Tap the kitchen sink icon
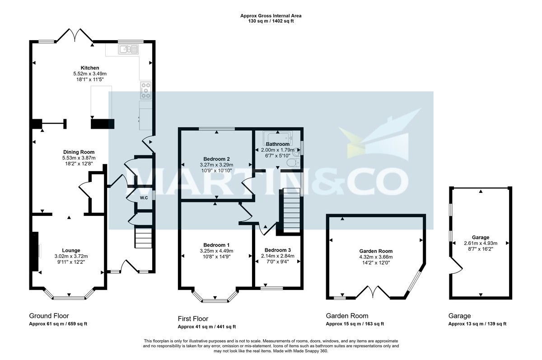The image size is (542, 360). [x=124, y=49]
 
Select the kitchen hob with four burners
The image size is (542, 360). [x=146, y=91]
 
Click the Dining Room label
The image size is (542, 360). [x=79, y=152]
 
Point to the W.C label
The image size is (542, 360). [x=144, y=198]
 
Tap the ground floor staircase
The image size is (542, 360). [x=144, y=238]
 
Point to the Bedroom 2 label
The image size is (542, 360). [x=216, y=159]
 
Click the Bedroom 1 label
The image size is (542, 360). [x=216, y=245]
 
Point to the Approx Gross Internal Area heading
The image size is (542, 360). [x=271, y=16]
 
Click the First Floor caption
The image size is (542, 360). [x=193, y=318]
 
